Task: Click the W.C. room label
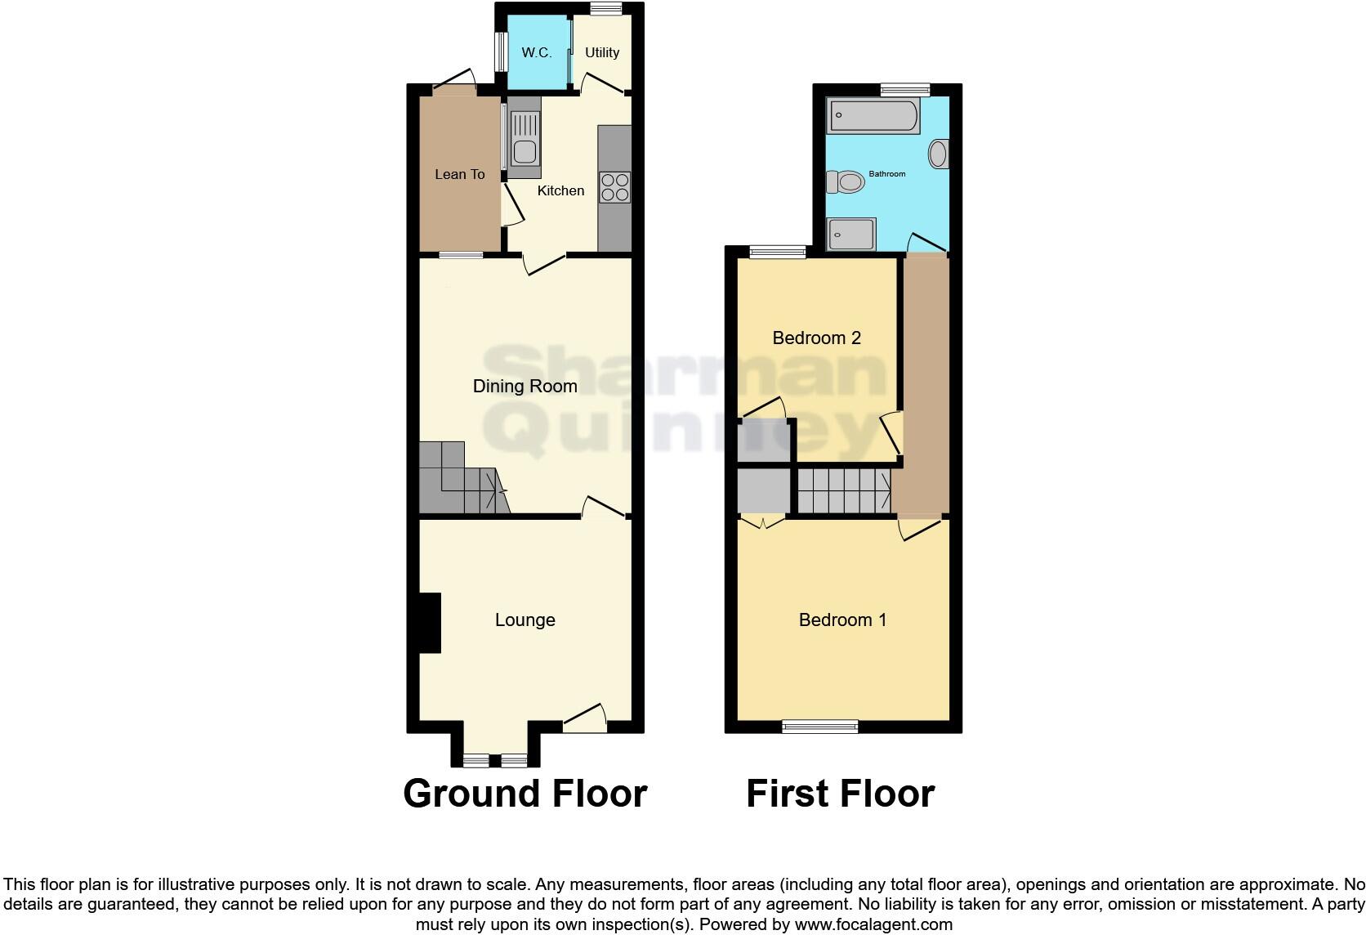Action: (537, 53)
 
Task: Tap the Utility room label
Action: (602, 53)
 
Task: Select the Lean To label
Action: (459, 174)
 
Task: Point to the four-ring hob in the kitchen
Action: (615, 187)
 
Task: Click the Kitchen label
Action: (560, 190)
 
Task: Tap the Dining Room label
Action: (525, 386)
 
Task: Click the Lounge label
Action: (525, 620)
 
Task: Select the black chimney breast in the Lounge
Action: (429, 623)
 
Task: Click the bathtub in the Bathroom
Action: (873, 116)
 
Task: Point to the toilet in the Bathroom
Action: (846, 181)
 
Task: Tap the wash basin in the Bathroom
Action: (939, 154)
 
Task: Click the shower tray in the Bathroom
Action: (851, 235)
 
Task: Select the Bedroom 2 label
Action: (816, 338)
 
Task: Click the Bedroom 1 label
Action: (842, 620)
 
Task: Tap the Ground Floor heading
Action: (525, 794)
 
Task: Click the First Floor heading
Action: (840, 794)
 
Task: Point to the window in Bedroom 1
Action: (820, 726)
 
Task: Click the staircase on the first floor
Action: (843, 490)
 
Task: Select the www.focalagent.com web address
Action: (873, 925)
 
